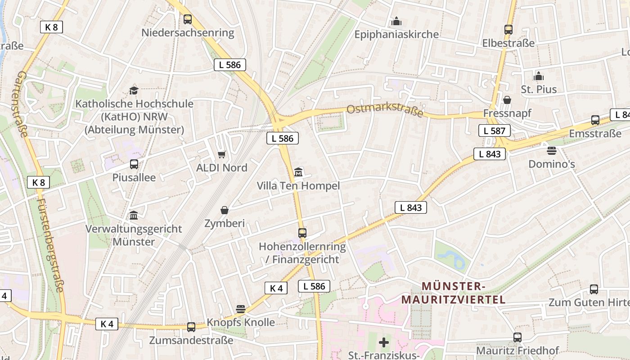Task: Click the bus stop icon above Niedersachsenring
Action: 188,19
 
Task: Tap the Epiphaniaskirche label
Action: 396,35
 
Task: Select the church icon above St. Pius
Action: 539,76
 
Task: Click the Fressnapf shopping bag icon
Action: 507,100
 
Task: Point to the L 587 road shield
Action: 495,131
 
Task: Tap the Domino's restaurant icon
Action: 552,150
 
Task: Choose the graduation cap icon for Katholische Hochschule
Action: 134,90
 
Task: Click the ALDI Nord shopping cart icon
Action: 221,155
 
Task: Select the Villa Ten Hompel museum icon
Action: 298,172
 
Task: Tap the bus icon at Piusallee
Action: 134,164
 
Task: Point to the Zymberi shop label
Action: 225,223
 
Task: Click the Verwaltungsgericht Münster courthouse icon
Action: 134,216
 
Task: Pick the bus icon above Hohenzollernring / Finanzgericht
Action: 302,233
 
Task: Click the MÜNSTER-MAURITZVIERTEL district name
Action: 454,292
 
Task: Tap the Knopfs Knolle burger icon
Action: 241,309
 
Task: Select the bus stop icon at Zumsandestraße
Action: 191,327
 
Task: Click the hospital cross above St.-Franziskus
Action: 384,343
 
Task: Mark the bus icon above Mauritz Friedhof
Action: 517,337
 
